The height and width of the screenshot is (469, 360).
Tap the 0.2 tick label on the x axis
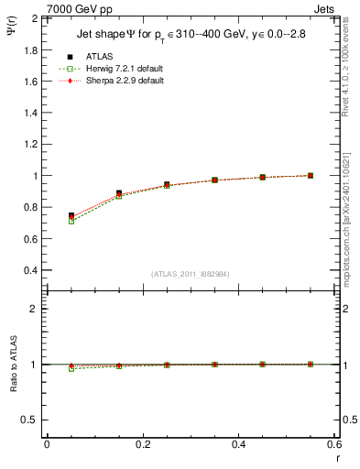pyautogui.click(x=142, y=443)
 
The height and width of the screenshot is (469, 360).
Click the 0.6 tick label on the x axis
pyautogui.click(x=333, y=443)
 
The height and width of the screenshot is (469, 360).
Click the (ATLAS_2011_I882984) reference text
pyautogui.click(x=190, y=274)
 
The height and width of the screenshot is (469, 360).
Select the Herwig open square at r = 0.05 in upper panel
pyautogui.click(x=71, y=221)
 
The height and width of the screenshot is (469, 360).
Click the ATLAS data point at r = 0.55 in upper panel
pyautogui.click(x=310, y=175)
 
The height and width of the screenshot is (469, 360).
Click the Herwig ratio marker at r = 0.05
pyautogui.click(x=71, y=368)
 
